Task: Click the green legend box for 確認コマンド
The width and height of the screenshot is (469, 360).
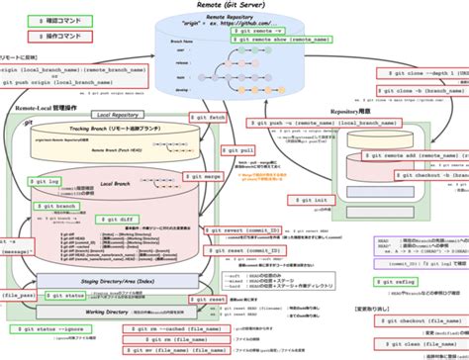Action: point(43,20)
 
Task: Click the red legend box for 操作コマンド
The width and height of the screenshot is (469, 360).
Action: point(43,37)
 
